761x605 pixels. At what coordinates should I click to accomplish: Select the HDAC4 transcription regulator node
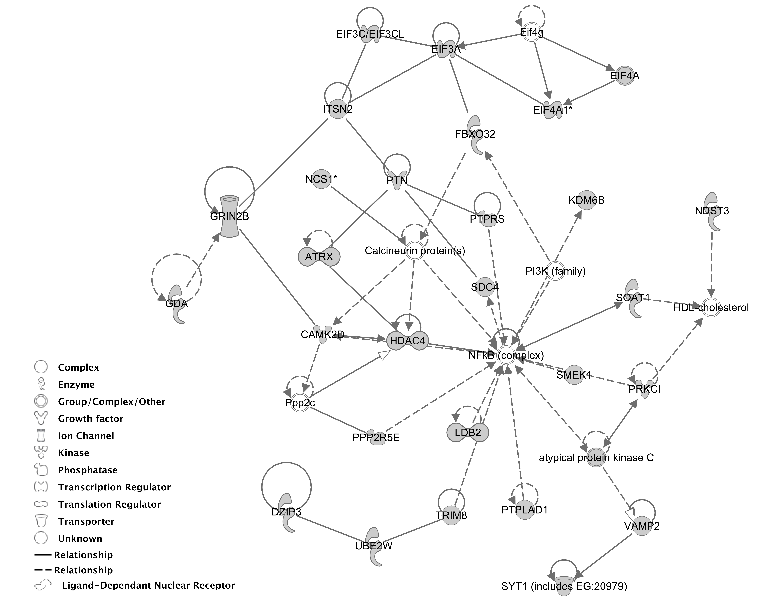tap(408, 341)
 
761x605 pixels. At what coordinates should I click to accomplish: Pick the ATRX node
tap(319, 257)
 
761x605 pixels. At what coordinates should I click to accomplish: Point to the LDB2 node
tap(468, 432)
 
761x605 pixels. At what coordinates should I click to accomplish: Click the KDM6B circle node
tap(587, 200)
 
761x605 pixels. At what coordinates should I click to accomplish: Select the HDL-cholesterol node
tap(711, 307)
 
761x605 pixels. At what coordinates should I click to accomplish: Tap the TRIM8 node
tap(451, 516)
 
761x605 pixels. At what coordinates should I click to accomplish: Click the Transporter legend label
tap(86, 521)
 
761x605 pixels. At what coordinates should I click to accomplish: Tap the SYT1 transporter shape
tap(564, 586)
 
